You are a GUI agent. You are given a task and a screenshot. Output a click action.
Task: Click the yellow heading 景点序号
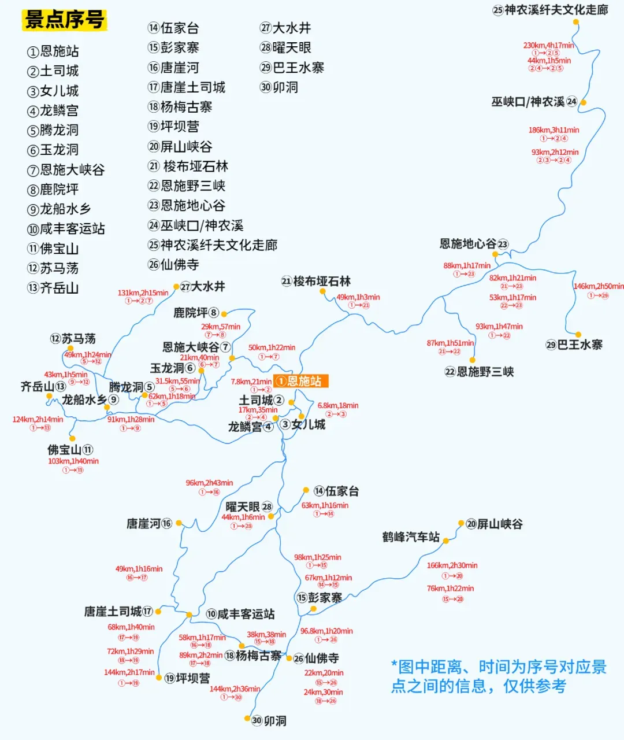coord(65,20)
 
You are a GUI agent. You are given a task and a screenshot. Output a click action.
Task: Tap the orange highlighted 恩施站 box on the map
coord(300,381)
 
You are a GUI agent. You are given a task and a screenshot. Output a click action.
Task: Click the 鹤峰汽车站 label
coord(411,537)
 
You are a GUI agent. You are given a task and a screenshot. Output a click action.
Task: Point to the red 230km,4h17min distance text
coord(548,45)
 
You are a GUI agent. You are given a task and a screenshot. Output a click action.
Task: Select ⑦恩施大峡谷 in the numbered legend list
coord(66,170)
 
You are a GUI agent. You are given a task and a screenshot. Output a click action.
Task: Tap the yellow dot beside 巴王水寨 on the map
coord(578,334)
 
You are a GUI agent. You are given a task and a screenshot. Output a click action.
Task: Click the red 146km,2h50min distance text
coord(598,286)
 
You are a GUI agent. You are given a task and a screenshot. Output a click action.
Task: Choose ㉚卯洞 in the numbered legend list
coord(279,87)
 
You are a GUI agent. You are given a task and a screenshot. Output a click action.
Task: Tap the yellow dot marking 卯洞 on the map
coord(247,719)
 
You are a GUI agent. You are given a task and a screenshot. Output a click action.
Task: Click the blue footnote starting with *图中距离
coord(499,676)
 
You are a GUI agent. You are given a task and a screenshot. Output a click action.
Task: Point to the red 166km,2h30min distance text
coord(452,565)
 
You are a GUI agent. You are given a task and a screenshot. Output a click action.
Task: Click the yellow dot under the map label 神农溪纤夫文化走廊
coord(575,22)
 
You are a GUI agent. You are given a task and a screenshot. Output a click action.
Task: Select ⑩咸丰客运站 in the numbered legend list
coord(66,229)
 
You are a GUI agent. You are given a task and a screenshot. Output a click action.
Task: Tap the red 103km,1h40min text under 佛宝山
coord(73,461)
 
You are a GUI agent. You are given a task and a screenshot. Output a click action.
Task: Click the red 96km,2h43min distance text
coord(209,483)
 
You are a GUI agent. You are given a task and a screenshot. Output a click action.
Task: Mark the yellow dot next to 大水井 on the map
coord(176,286)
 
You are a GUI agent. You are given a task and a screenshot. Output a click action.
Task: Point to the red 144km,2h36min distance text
coord(235,689)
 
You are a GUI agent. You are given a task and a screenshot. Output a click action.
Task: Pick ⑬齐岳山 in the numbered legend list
coord(53,288)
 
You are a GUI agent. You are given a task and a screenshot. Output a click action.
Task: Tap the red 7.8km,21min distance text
coord(251,382)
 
